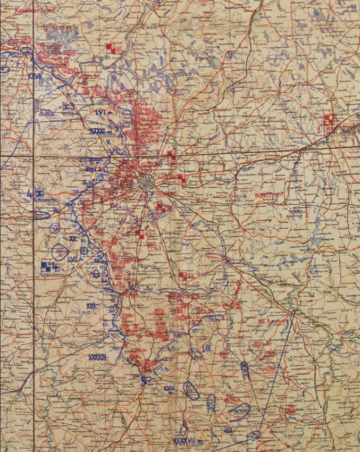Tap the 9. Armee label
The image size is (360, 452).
tap(53, 26)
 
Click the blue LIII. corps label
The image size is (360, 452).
tap(207, 348)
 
